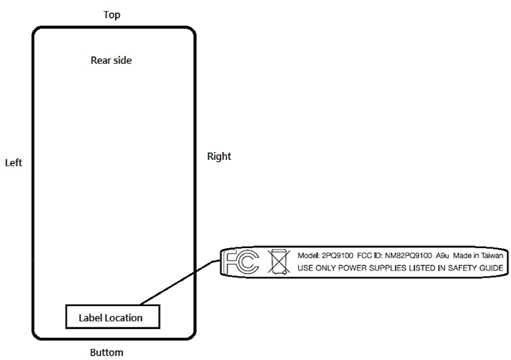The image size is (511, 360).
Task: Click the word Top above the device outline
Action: (x=112, y=15)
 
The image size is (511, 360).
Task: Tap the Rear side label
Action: (x=111, y=61)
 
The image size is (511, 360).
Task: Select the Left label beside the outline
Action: (x=13, y=163)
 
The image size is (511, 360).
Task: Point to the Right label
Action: (x=219, y=156)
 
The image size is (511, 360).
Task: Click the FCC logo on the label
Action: (x=241, y=262)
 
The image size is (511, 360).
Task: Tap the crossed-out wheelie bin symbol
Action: (x=278, y=263)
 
